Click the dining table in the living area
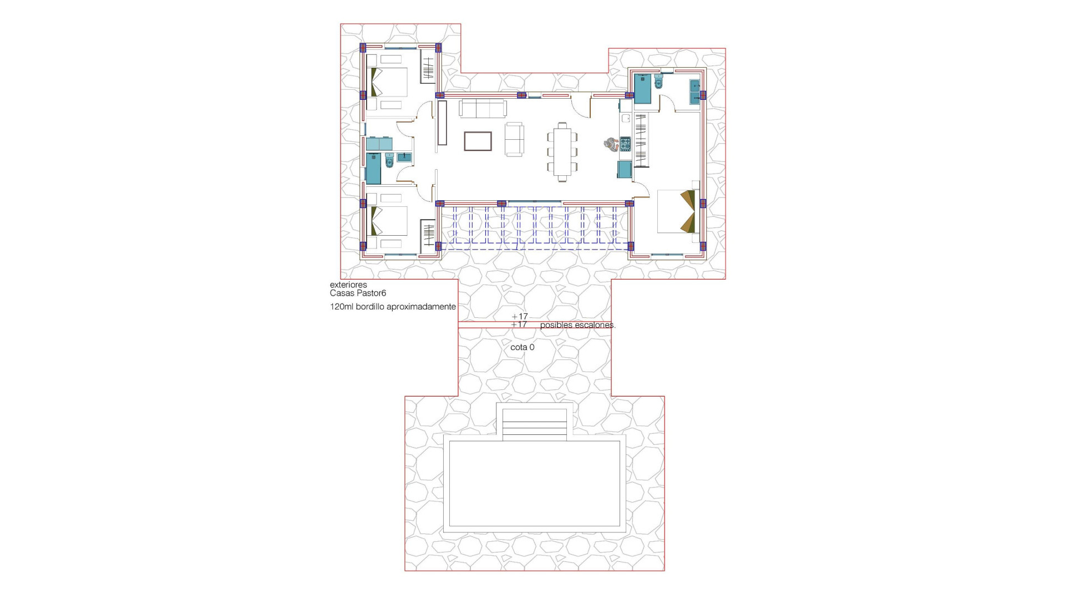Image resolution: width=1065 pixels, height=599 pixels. click(x=562, y=151)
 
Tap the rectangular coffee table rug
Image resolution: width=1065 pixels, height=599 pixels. click(x=478, y=141)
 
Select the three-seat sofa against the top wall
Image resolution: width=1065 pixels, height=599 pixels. click(x=483, y=109)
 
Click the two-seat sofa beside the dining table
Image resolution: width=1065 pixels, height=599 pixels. click(x=514, y=139)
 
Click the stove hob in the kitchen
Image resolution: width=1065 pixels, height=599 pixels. click(x=625, y=144)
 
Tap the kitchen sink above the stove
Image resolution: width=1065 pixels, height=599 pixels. click(x=625, y=118)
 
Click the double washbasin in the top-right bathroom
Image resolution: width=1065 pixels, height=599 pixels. click(x=694, y=92)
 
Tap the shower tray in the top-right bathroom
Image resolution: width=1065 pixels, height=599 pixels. click(x=642, y=89)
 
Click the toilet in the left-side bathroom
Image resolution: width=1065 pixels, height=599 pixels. click(x=389, y=161)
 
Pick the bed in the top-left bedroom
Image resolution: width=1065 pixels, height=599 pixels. click(x=389, y=82)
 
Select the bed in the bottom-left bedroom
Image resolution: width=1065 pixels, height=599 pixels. click(x=389, y=221)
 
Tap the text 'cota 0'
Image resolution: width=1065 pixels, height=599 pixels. click(x=522, y=347)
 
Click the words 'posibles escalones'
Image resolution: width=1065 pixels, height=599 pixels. click(x=577, y=325)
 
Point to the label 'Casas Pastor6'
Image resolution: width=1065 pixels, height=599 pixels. click(x=358, y=293)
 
